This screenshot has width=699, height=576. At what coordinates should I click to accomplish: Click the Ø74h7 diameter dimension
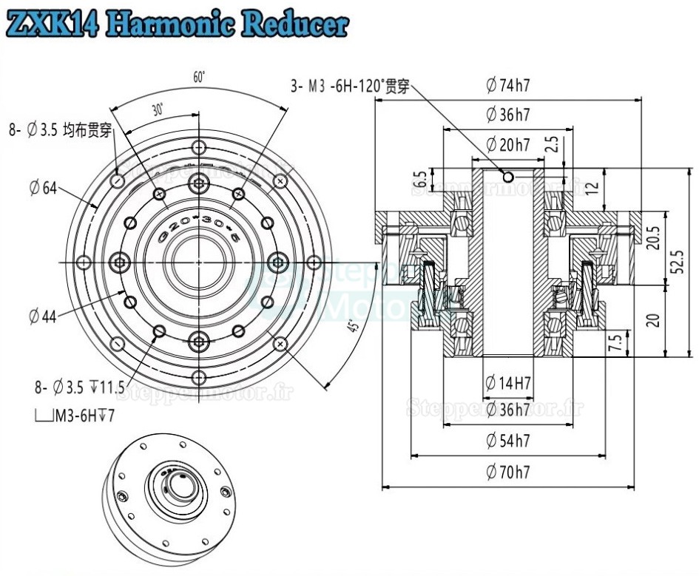click(x=508, y=85)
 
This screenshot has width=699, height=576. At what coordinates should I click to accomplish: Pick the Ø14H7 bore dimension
click(x=508, y=383)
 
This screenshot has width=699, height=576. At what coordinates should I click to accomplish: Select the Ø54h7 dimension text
click(x=508, y=441)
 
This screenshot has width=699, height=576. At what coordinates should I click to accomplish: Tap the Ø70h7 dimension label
click(x=508, y=472)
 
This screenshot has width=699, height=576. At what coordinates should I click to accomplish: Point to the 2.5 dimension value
click(x=552, y=144)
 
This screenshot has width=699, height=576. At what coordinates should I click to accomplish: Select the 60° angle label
click(x=198, y=77)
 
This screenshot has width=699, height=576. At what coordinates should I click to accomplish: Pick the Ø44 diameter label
click(x=44, y=316)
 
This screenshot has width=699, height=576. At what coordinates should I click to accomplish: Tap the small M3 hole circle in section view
click(x=508, y=177)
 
